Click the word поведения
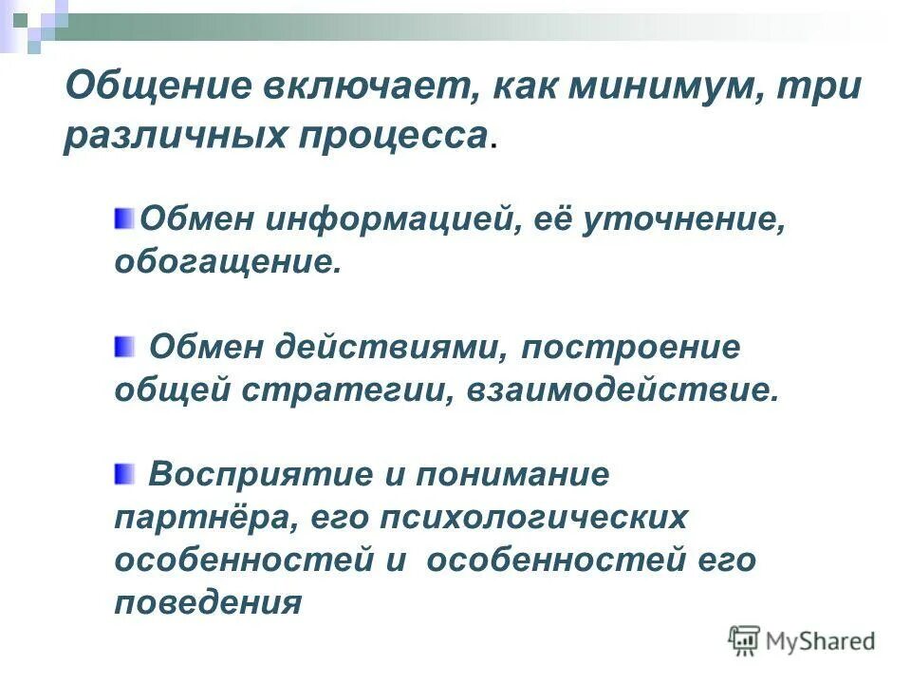(x=208, y=601)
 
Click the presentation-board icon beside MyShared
(x=745, y=640)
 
